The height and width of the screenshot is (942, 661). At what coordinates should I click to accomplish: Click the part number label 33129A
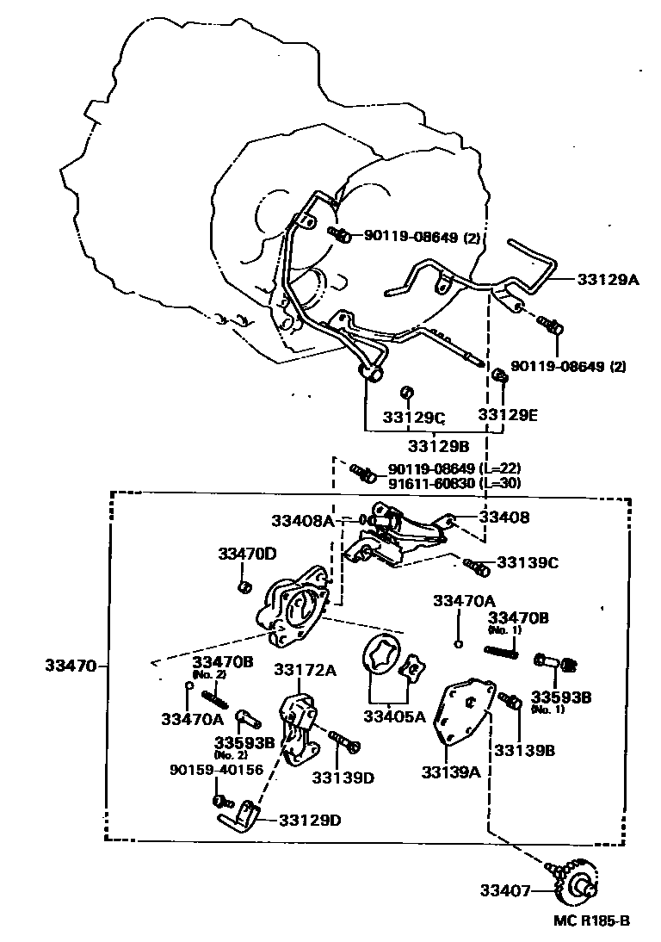pyautogui.click(x=608, y=280)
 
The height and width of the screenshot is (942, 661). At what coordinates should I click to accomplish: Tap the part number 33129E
pyautogui.click(x=508, y=414)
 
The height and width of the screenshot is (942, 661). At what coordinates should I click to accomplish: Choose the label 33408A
pyautogui.click(x=302, y=520)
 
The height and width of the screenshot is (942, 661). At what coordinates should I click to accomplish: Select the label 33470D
pyautogui.click(x=247, y=554)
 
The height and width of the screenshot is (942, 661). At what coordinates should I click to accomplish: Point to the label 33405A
pyautogui.click(x=394, y=716)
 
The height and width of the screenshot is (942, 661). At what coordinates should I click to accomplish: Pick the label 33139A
pyautogui.click(x=451, y=772)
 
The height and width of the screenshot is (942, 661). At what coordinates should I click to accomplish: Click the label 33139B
pyautogui.click(x=524, y=750)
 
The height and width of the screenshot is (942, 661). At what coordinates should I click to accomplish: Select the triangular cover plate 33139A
pyautogui.click(x=465, y=708)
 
